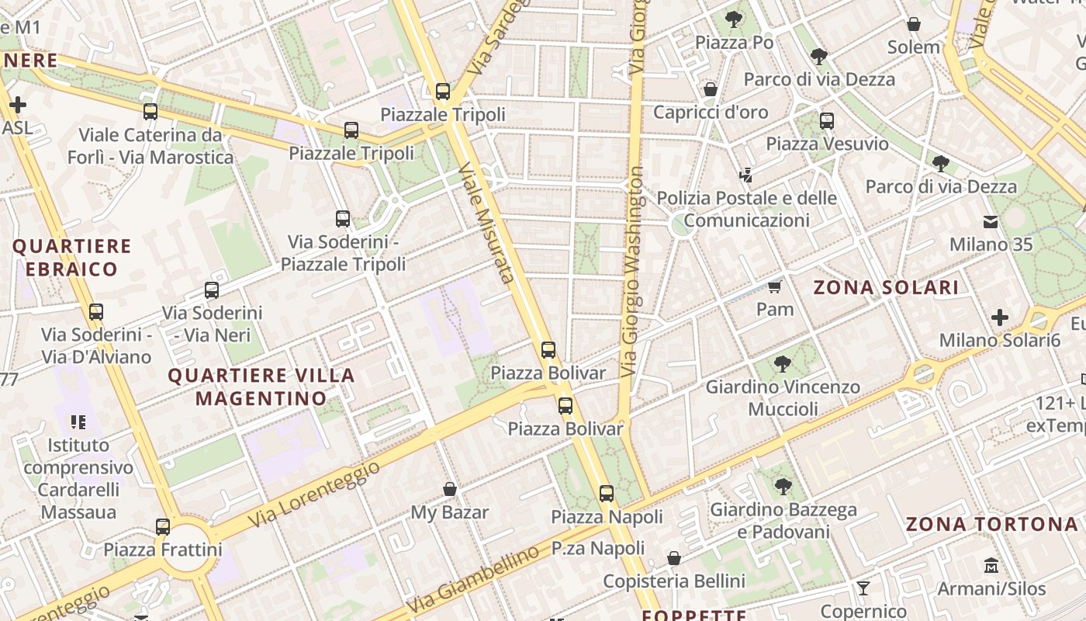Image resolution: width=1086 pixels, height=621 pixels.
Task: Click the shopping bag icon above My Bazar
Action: click(x=449, y=489)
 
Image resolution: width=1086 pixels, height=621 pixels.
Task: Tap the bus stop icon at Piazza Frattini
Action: click(x=163, y=527)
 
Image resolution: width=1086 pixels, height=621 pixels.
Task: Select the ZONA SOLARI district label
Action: click(x=886, y=287)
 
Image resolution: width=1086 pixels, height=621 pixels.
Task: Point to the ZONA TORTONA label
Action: click(x=992, y=524)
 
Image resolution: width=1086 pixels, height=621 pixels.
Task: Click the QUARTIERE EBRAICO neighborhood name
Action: click(x=71, y=258)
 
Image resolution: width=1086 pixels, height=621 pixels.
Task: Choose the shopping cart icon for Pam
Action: click(x=773, y=286)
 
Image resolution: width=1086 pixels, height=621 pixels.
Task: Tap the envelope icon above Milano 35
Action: click(x=991, y=222)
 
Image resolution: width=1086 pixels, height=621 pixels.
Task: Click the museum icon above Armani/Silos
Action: click(x=991, y=565)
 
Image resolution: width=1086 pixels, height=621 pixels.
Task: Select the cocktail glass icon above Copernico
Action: click(x=863, y=588)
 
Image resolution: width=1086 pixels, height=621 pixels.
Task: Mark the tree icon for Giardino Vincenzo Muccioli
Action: click(x=783, y=363)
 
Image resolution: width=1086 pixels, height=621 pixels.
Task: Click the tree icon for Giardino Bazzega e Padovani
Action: click(x=783, y=487)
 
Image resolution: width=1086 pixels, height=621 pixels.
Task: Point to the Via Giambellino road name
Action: click(x=472, y=579)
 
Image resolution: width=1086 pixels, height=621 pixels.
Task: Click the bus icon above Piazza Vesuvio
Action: click(x=827, y=121)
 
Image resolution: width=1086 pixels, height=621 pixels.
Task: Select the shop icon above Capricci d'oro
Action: click(x=710, y=89)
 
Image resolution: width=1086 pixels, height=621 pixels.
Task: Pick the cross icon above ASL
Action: click(x=17, y=105)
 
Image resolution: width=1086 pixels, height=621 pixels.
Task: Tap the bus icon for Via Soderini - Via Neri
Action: click(x=211, y=290)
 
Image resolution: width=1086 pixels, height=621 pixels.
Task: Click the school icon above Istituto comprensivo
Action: click(x=78, y=422)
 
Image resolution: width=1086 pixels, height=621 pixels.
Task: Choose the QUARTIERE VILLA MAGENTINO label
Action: click(x=261, y=387)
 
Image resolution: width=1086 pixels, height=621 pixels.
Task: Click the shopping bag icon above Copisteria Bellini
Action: click(x=674, y=558)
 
